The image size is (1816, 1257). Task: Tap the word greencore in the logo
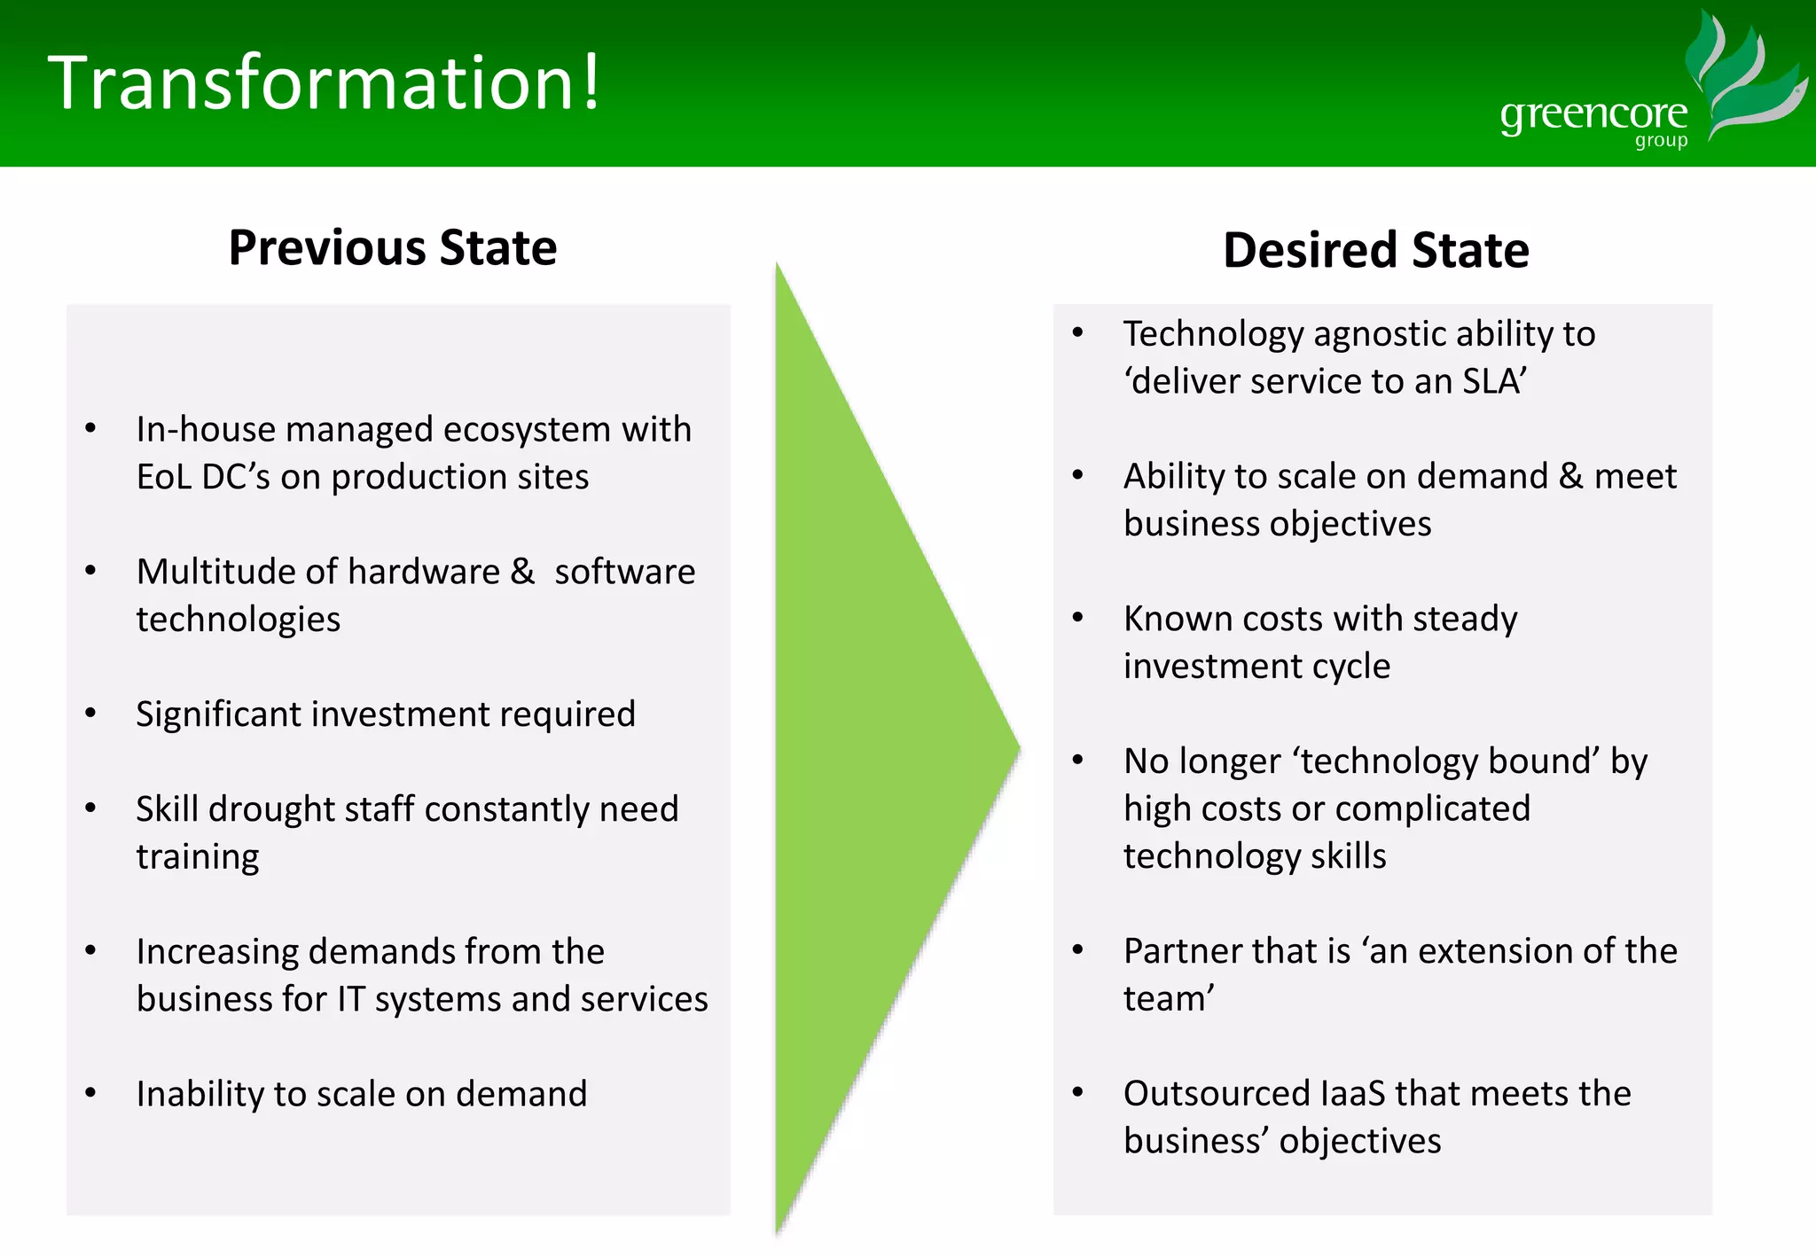[x=1593, y=115]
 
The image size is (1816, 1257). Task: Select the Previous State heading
[x=392, y=247]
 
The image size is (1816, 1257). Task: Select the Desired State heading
[x=1375, y=250]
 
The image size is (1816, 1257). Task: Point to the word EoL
[x=163, y=477]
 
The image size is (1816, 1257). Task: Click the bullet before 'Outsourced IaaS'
[x=1077, y=1093]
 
